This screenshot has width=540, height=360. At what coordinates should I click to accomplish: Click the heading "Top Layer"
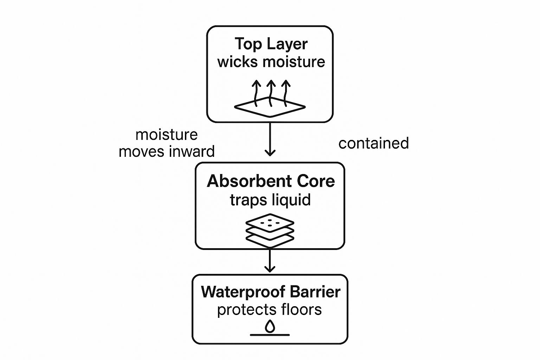271,44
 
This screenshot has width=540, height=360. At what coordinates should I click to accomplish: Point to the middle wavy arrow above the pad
270,92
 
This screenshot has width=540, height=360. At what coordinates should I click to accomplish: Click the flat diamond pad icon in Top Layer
270,107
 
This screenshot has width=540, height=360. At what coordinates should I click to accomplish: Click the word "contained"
373,143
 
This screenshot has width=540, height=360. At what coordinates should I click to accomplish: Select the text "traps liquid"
270,200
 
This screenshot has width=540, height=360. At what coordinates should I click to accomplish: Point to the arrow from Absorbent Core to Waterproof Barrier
270,261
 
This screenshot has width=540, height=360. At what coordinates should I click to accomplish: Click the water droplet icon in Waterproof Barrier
270,326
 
